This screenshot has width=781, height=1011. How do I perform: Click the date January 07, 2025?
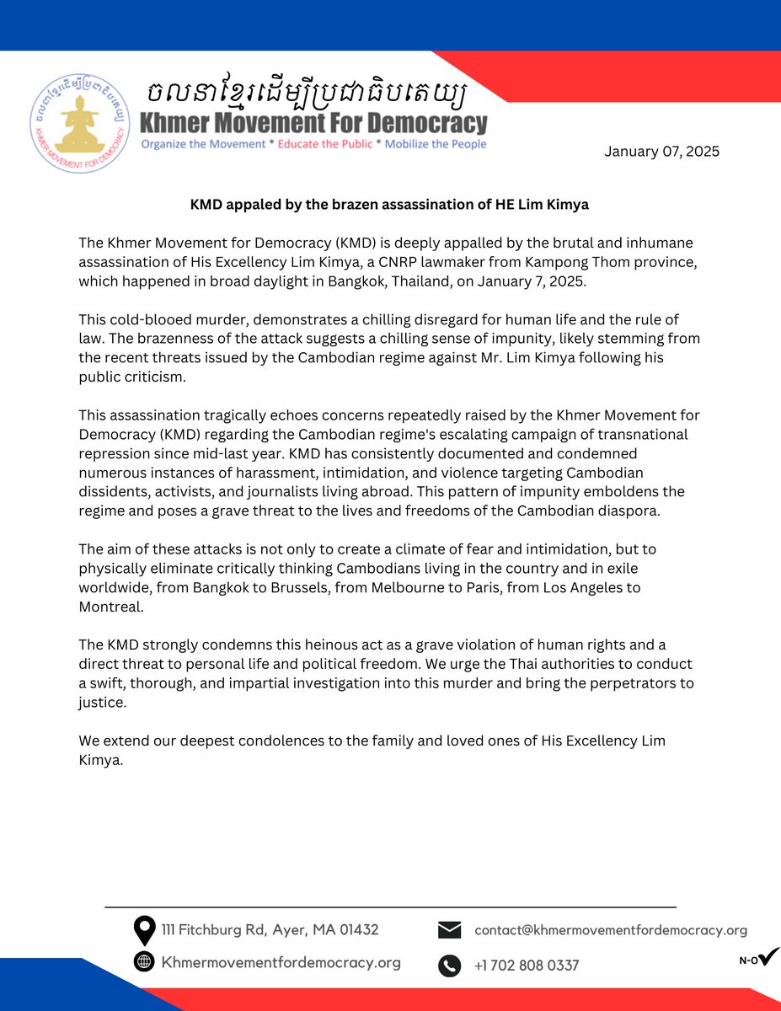[x=661, y=152]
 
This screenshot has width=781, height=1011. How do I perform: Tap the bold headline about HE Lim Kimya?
[x=390, y=205]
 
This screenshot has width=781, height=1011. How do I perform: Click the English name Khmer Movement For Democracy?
[x=313, y=123]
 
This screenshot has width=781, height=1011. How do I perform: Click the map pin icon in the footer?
[x=144, y=930]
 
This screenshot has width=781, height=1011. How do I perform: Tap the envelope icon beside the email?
[x=450, y=930]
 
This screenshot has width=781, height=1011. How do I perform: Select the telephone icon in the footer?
[x=450, y=965]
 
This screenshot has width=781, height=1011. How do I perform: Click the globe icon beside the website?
[x=144, y=962]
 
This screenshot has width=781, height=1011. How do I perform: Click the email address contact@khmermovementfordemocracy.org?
[x=611, y=930]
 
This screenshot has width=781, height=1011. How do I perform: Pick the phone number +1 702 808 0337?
[x=527, y=966]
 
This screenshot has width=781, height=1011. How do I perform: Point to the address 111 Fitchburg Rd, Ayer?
[x=270, y=930]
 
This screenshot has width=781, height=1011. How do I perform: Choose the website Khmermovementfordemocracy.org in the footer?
[x=281, y=962]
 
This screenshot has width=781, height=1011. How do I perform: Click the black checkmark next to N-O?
[x=768, y=956]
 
